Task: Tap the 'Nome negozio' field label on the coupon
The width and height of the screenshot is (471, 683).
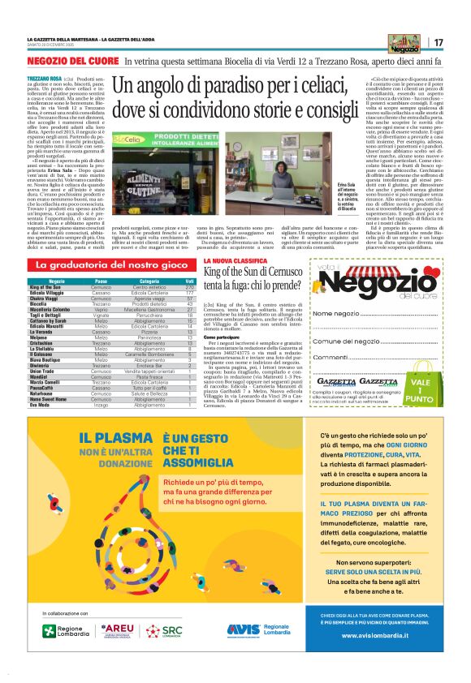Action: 335,313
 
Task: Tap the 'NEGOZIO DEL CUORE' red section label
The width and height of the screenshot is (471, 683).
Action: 72,61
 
